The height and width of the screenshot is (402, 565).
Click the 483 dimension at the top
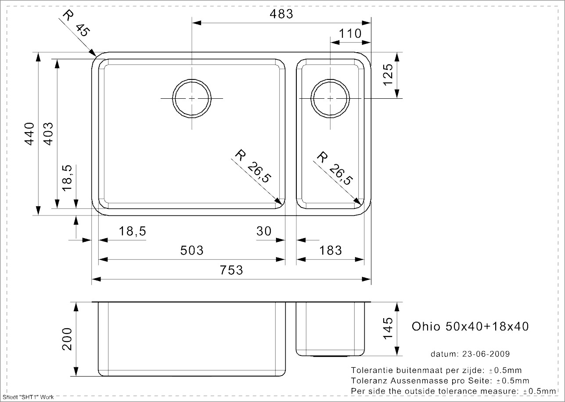281,14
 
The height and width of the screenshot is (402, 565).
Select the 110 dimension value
350,33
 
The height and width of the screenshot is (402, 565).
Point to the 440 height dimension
29,134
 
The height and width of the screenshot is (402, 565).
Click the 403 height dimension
48,134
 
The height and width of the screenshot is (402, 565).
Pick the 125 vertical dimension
388,75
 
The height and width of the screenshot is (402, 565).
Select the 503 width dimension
192,251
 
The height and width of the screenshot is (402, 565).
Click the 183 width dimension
331,251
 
